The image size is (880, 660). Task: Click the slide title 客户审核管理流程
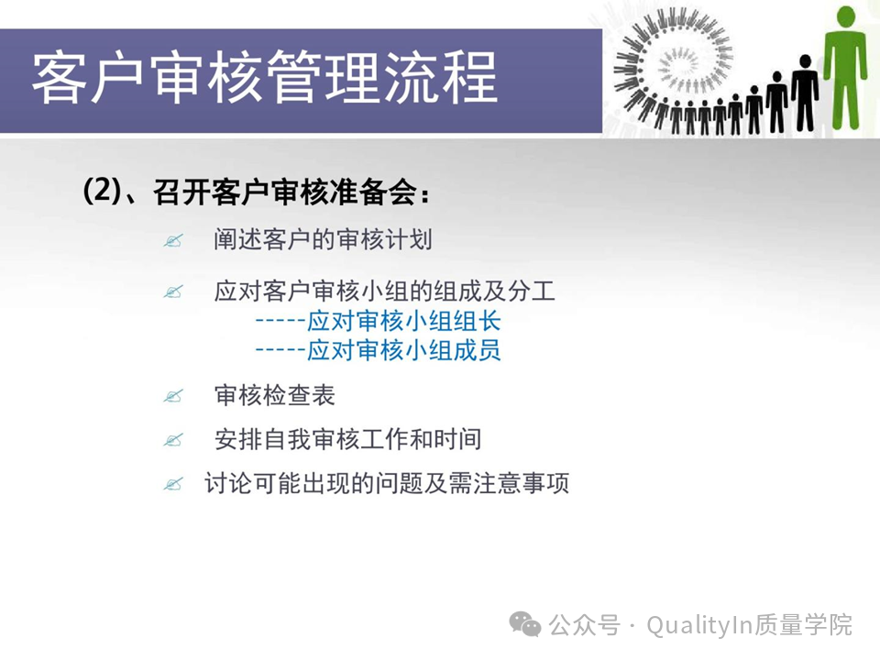(264, 78)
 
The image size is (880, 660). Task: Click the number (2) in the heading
(102, 191)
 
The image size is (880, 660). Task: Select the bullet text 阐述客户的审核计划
(323, 239)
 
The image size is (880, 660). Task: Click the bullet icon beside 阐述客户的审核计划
(173, 241)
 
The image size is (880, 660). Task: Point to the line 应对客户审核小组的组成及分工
(384, 291)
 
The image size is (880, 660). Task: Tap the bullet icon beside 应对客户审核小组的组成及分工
(173, 291)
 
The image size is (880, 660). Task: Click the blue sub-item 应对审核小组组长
(403, 322)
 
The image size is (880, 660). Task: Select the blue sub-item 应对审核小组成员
(403, 351)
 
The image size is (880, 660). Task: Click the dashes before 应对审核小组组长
(280, 322)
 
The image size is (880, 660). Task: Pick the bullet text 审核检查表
(274, 395)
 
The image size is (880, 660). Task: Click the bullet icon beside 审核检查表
(173, 396)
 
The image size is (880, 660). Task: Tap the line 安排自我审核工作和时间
(347, 439)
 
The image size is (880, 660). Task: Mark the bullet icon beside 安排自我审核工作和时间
(173, 440)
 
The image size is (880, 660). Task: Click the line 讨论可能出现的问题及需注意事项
(387, 483)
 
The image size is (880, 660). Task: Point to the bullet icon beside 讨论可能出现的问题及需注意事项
(173, 484)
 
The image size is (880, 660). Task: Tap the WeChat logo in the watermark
(524, 624)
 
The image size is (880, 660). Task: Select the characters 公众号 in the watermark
(584, 625)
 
